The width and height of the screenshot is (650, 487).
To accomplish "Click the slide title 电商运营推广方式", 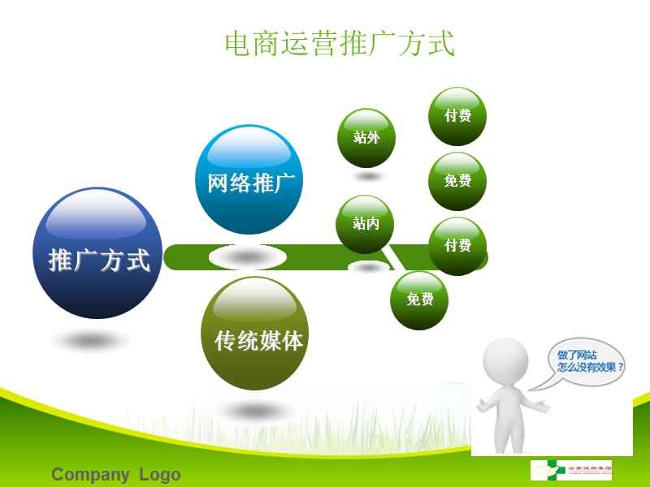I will pos(340,44).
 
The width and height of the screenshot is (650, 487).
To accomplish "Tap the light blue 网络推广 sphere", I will pos(249,180).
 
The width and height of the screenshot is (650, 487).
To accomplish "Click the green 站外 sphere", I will pos(367,137).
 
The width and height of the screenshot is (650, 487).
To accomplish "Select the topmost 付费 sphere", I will pos(457,116).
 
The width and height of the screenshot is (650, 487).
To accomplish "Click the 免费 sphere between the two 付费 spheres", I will pos(457,181).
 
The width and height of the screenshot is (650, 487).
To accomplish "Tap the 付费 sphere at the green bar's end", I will pos(457,246).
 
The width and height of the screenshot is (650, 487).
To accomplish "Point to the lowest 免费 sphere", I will pos(420,300).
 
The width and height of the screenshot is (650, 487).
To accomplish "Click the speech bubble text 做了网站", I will pos(577,354).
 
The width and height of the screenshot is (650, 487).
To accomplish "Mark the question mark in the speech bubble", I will pos(621,366).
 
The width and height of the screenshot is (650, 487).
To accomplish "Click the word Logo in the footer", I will pos(160,475).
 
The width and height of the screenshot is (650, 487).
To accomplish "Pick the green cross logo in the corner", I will pos(544,470).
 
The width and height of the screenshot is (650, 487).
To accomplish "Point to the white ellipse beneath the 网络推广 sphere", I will pos(248,257).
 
